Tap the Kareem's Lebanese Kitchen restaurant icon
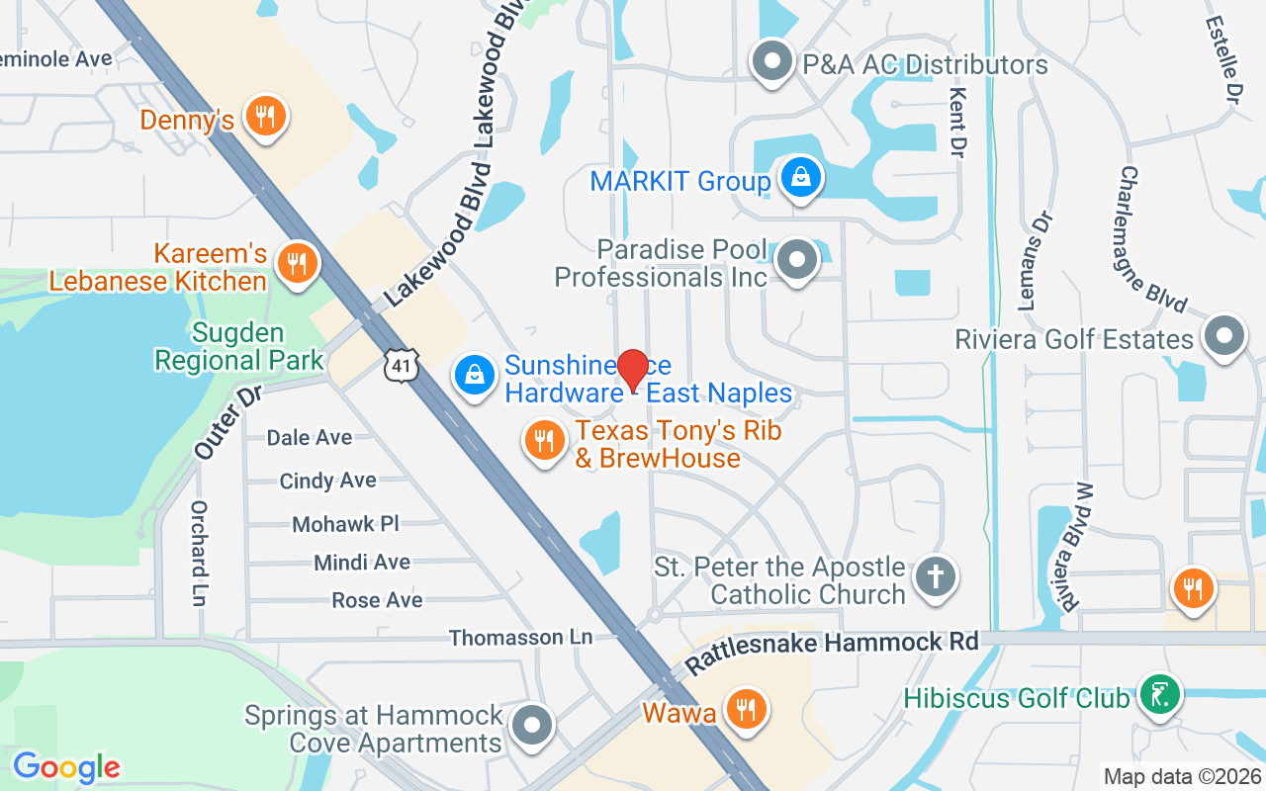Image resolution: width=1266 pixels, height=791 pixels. pyautogui.click(x=295, y=264)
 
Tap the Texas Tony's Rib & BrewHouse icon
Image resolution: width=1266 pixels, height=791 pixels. pyautogui.click(x=544, y=440)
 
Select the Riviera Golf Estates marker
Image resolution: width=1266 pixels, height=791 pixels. pyautogui.click(x=1224, y=335)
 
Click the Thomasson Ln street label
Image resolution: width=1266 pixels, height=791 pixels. pyautogui.click(x=520, y=638)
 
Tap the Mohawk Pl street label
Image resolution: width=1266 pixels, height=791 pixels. pyautogui.click(x=345, y=523)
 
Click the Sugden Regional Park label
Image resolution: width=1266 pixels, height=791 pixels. pyautogui.click(x=239, y=346)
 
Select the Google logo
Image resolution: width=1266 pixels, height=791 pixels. pyautogui.click(x=66, y=766)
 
